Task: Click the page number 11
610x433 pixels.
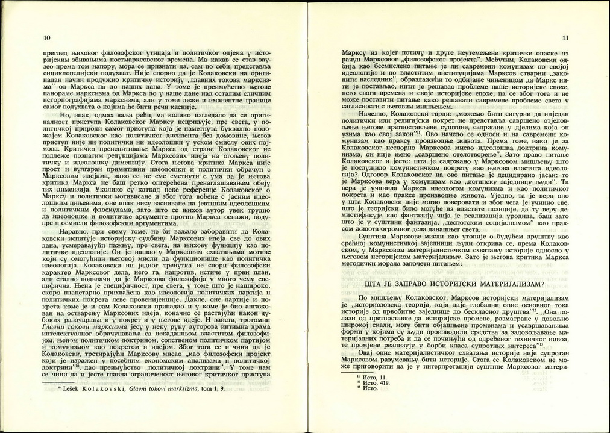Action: [564, 39]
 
